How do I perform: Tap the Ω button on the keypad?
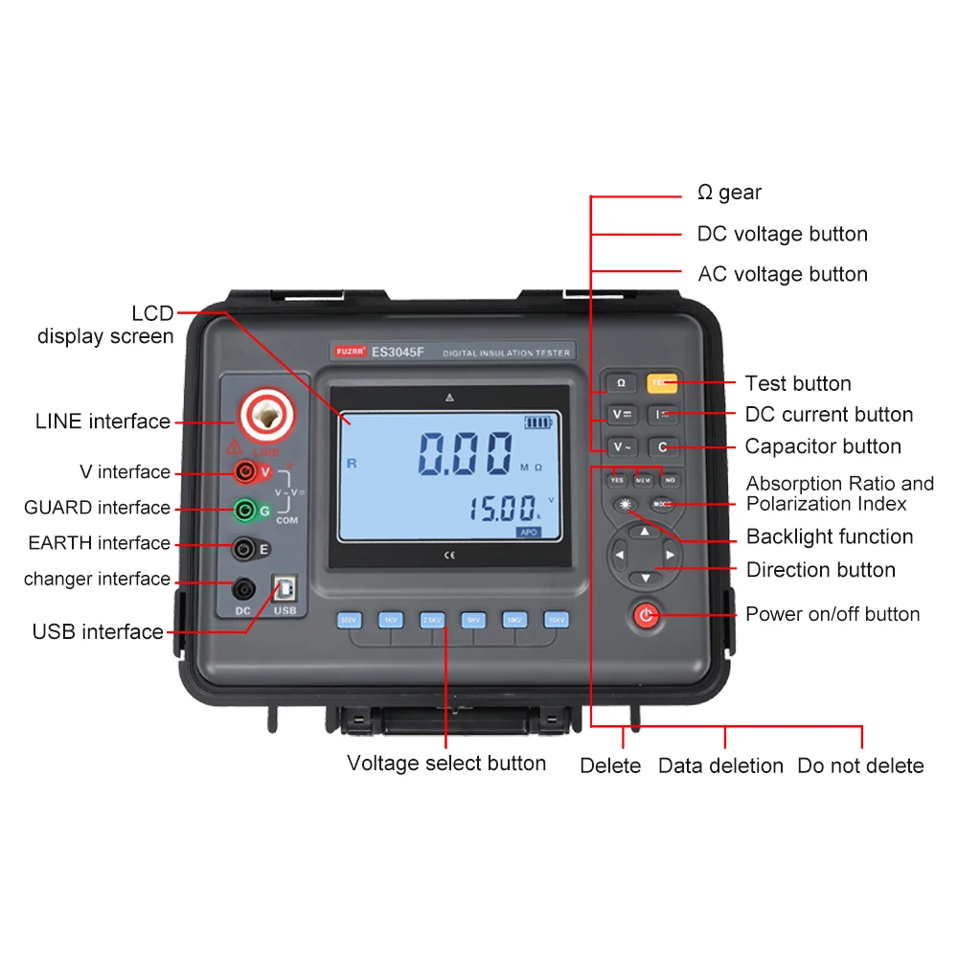pyautogui.click(x=620, y=383)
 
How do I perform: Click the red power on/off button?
pyautogui.click(x=647, y=615)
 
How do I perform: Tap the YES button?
pyautogui.click(x=617, y=479)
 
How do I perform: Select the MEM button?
pyautogui.click(x=643, y=479)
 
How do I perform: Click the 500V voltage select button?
pyautogui.click(x=348, y=620)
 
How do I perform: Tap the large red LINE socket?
pyautogui.click(x=262, y=415)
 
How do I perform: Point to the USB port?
pyautogui.click(x=285, y=587)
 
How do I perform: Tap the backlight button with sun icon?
pyautogui.click(x=627, y=504)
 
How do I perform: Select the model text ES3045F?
pyautogui.click(x=398, y=352)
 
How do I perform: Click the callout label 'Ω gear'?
pyautogui.click(x=729, y=193)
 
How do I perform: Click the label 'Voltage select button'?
pyautogui.click(x=446, y=764)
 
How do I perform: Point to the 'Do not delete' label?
pyautogui.click(x=860, y=765)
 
